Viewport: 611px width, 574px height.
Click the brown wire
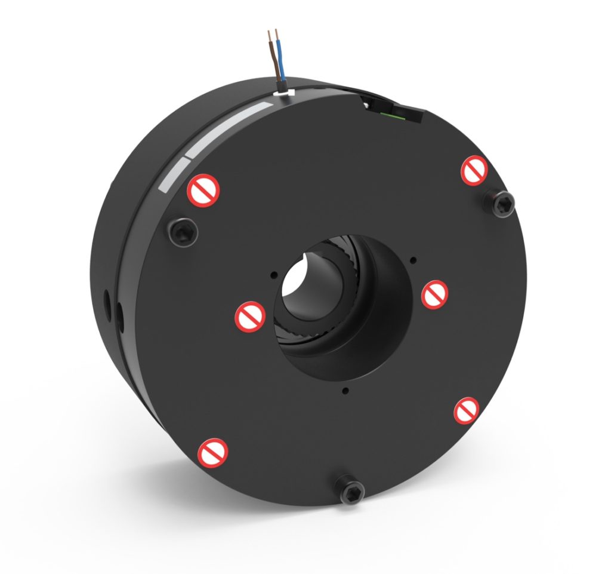273,54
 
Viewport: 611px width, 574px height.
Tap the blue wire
282,60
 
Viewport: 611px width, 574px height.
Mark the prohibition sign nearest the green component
475,170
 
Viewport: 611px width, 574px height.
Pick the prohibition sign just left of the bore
250,317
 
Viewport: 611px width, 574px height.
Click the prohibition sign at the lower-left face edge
213,453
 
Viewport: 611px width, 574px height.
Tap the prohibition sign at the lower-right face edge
467,411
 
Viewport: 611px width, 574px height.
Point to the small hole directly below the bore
345,391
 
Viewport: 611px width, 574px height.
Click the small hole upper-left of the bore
273,275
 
